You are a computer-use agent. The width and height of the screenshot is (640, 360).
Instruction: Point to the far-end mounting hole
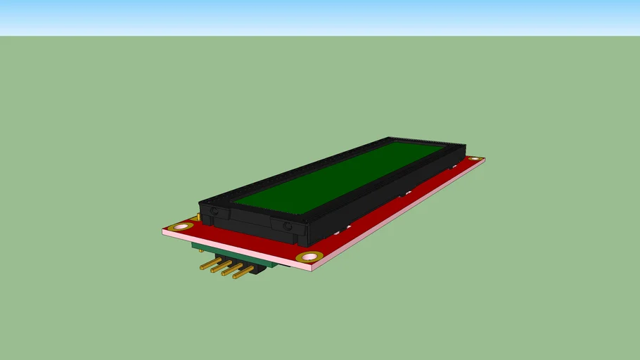pos(475,160)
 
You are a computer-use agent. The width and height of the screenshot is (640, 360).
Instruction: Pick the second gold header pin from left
pos(219,268)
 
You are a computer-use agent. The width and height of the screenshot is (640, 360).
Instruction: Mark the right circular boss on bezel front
pos(287,226)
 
